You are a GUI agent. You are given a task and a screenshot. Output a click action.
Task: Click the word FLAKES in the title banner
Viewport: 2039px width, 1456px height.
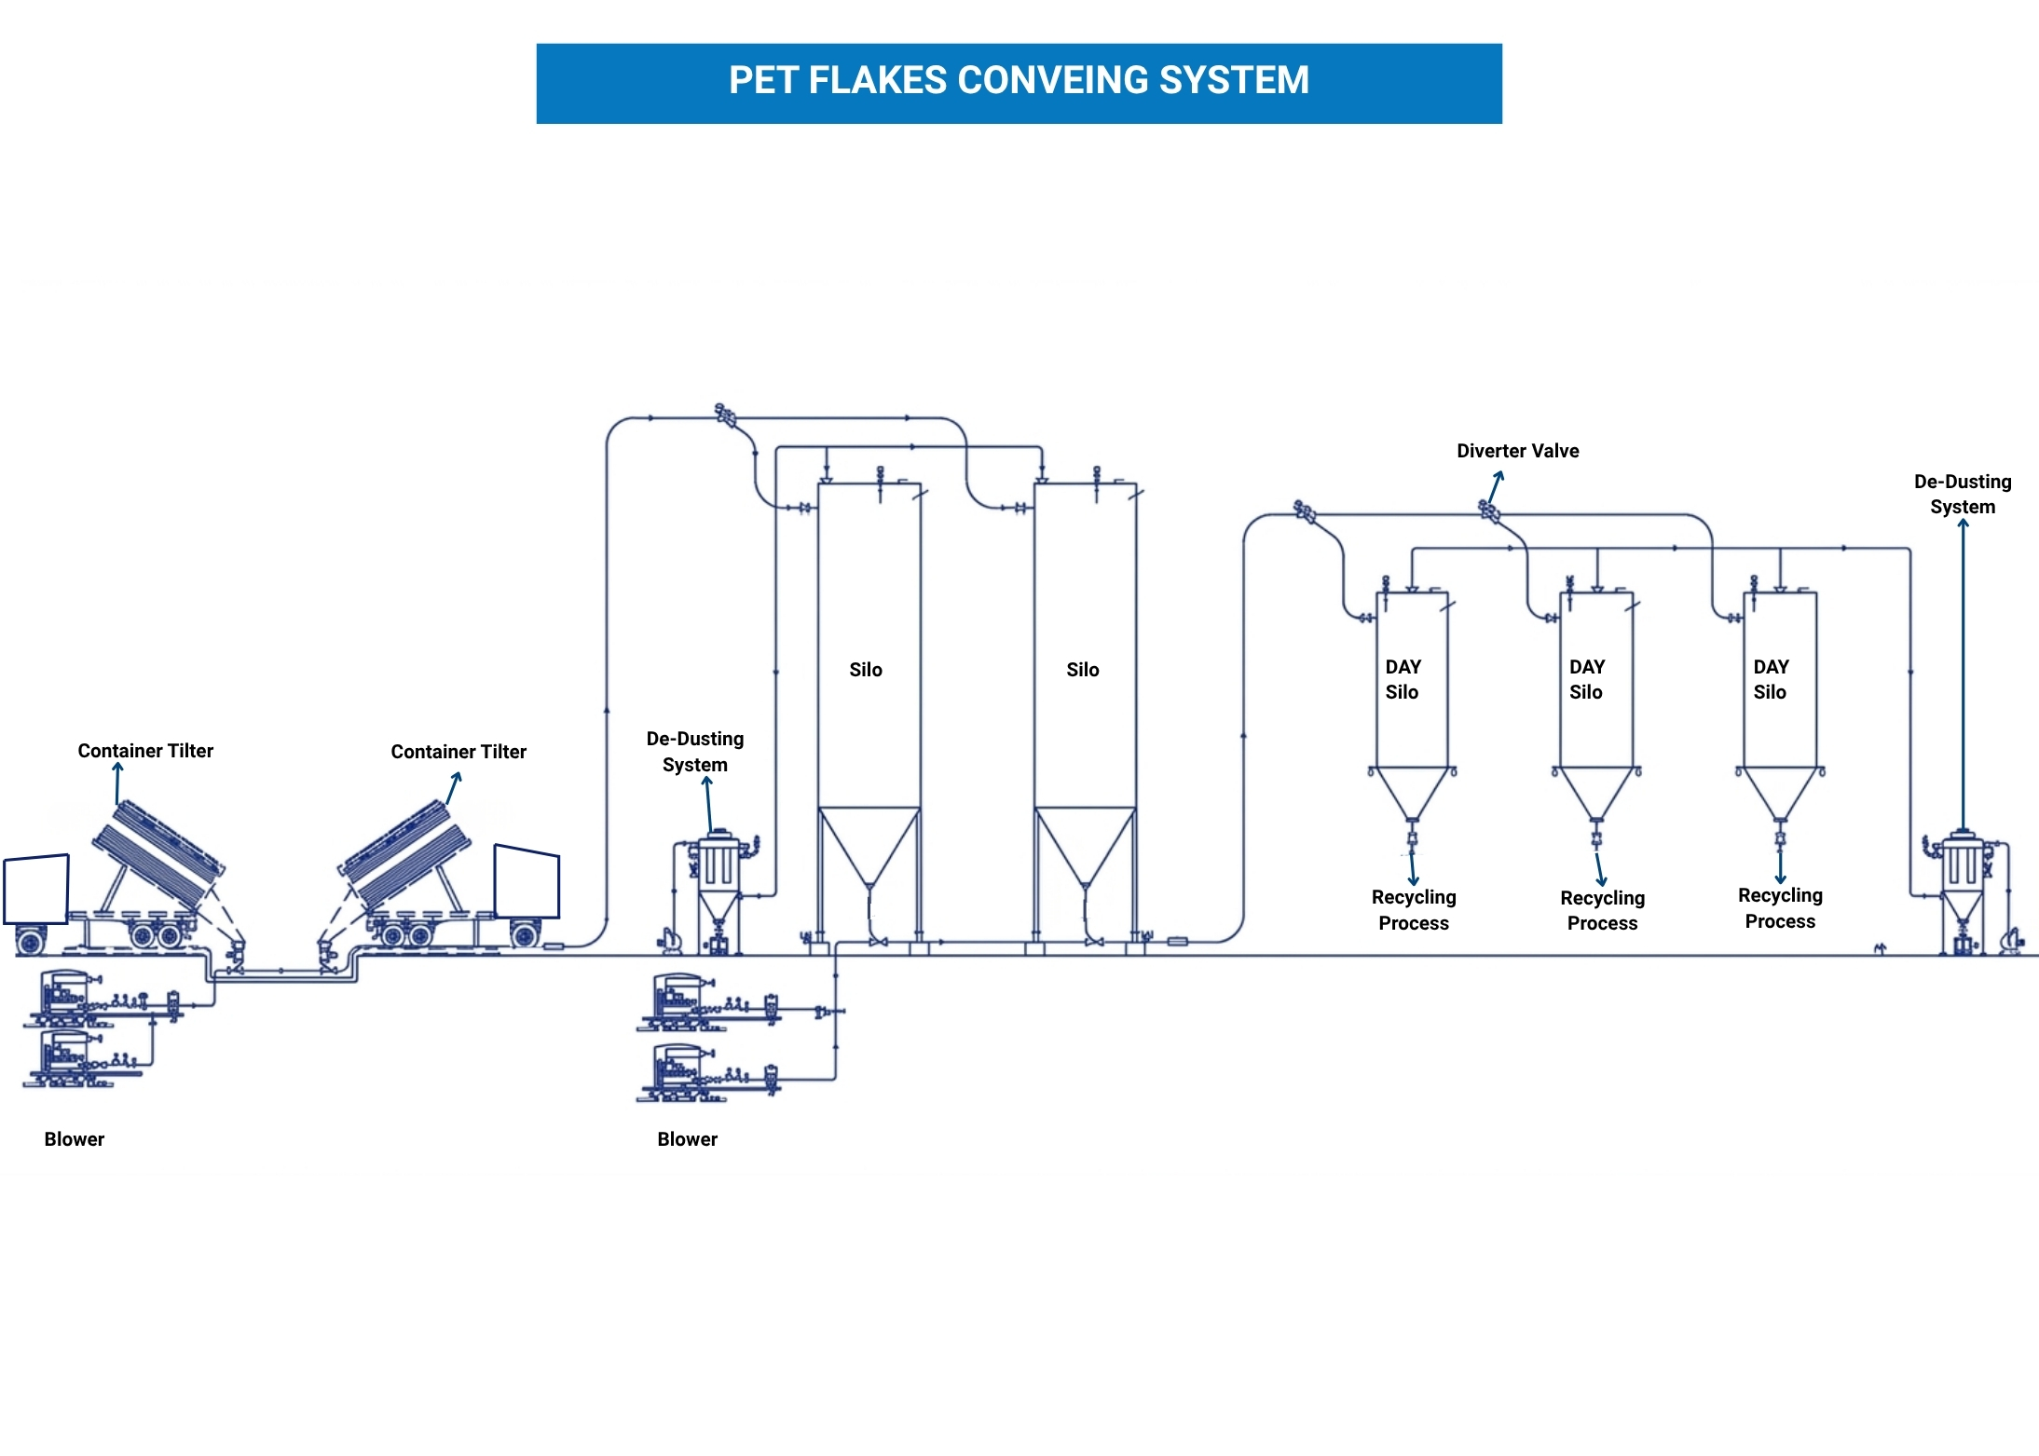pyautogui.click(x=876, y=81)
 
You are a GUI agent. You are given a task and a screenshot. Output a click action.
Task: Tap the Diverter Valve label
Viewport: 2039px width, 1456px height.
pyautogui.click(x=1517, y=451)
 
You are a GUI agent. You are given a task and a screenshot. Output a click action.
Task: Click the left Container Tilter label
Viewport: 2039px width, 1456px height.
pyautogui.click(x=145, y=751)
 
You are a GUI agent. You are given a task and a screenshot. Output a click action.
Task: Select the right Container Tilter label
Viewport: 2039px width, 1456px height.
pyautogui.click(x=458, y=752)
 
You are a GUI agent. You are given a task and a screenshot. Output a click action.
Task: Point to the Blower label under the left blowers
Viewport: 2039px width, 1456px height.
pyautogui.click(x=75, y=1139)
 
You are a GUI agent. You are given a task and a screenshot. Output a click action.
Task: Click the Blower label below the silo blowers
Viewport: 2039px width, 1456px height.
pyautogui.click(x=687, y=1139)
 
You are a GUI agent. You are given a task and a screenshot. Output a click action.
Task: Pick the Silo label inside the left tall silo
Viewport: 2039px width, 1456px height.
pyautogui.click(x=866, y=670)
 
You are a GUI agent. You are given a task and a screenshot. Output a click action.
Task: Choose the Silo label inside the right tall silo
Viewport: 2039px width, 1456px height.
pyautogui.click(x=1083, y=670)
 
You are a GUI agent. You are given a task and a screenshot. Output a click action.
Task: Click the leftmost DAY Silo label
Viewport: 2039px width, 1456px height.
pyautogui.click(x=1403, y=679)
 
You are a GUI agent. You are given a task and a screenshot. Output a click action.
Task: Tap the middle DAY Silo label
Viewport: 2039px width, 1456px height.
pyautogui.click(x=1586, y=679)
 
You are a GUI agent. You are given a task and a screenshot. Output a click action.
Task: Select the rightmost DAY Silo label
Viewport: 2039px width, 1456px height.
pyautogui.click(x=1771, y=679)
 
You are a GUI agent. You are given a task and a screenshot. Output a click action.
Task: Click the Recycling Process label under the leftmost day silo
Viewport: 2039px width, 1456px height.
pyautogui.click(x=1414, y=910)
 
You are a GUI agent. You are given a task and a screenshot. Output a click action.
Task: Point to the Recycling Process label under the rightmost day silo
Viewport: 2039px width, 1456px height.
pyautogui.click(x=1780, y=908)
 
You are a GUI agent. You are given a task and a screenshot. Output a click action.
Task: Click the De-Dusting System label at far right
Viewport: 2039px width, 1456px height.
pyautogui.click(x=1963, y=494)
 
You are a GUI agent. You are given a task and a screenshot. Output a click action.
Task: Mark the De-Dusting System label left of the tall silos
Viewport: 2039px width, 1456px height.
pyautogui.click(x=695, y=752)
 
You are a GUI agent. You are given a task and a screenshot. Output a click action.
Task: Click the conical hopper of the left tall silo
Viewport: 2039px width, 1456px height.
pyautogui.click(x=869, y=843)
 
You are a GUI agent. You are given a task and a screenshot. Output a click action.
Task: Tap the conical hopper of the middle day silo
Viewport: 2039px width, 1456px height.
pyautogui.click(x=1596, y=792)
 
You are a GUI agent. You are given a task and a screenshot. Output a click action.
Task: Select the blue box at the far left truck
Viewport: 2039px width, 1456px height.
pyautogui.click(x=36, y=889)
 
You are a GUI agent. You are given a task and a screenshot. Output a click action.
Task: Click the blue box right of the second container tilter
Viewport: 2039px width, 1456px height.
pyautogui.click(x=527, y=881)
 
